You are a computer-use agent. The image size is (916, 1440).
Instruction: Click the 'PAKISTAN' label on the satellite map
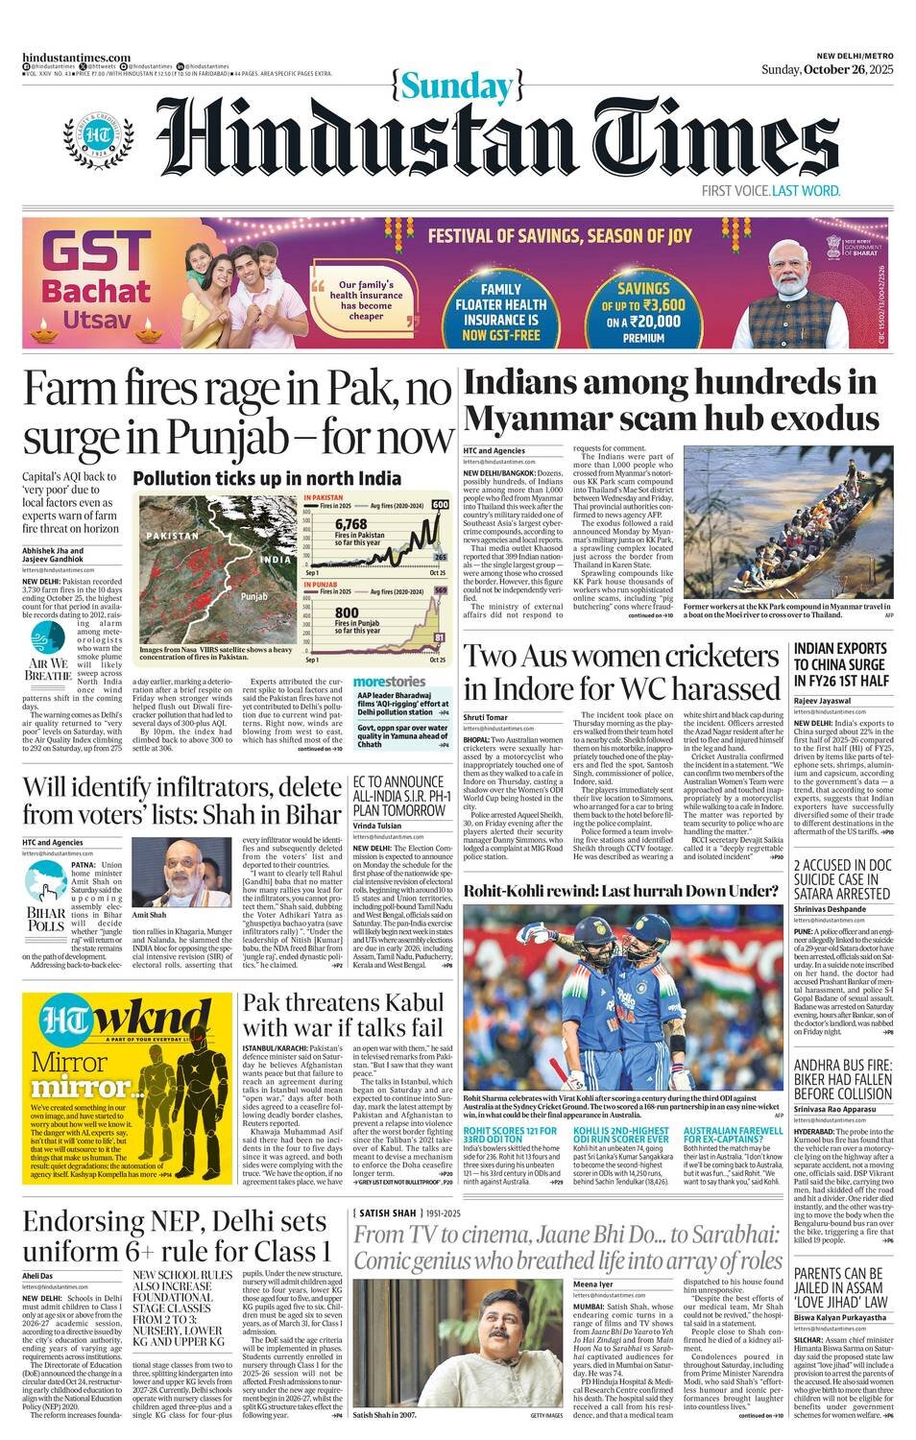(x=174, y=535)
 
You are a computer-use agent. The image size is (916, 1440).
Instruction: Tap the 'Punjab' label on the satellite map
(x=253, y=596)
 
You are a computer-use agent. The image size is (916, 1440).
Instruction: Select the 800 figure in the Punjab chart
(x=347, y=612)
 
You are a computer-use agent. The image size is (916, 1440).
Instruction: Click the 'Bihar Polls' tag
(x=46, y=918)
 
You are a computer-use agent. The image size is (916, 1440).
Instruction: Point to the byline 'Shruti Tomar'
(x=485, y=717)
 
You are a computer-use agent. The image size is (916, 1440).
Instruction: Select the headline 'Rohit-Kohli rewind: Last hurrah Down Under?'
(x=620, y=891)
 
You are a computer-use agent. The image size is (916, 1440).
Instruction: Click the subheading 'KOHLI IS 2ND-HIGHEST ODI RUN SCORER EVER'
(x=621, y=1138)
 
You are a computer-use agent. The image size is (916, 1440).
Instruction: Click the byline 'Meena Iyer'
(x=592, y=1284)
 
